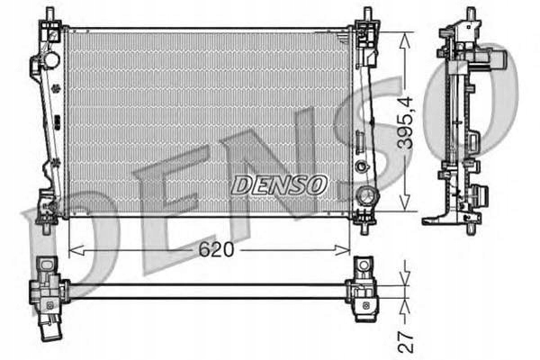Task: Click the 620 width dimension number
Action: (x=216, y=249)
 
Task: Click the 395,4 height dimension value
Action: (x=405, y=123)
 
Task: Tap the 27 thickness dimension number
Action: (x=405, y=342)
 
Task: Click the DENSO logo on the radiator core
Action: (x=279, y=184)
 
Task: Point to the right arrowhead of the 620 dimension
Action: (x=342, y=250)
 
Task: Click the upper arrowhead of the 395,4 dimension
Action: (x=405, y=40)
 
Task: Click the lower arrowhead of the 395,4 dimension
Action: (x=405, y=202)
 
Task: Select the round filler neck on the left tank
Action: (x=51, y=59)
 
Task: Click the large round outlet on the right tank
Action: (x=367, y=196)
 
